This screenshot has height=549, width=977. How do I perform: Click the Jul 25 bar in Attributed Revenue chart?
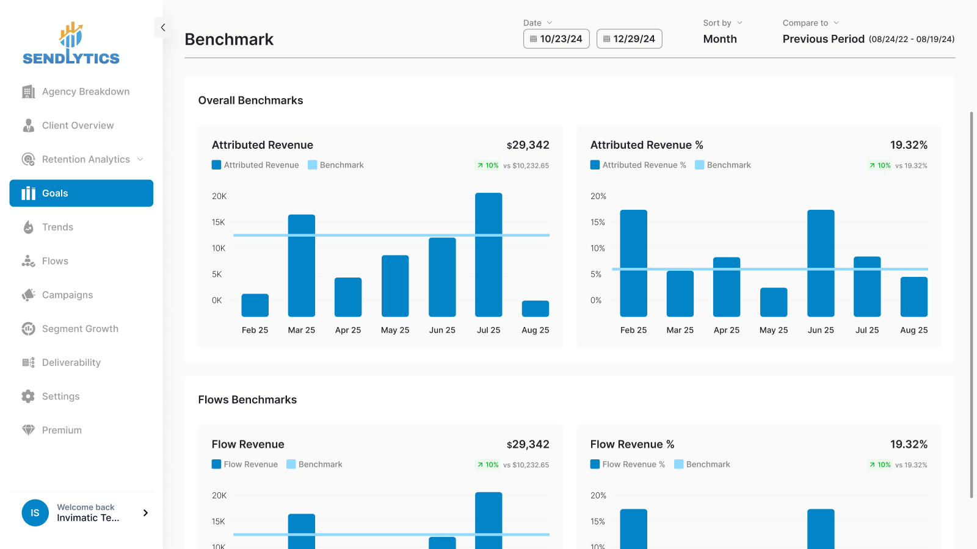tap(488, 254)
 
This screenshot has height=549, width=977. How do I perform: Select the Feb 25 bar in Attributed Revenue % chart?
tap(633, 263)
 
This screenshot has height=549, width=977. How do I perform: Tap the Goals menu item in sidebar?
tap(81, 193)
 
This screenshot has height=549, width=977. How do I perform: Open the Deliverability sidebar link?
tap(71, 362)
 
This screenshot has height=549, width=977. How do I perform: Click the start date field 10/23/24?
tap(556, 39)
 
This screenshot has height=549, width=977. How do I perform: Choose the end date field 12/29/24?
tap(629, 39)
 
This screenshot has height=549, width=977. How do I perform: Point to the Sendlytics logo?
tap(71, 44)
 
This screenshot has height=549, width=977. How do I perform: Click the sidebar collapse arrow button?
tap(162, 27)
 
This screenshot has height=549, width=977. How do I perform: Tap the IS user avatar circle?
tap(35, 513)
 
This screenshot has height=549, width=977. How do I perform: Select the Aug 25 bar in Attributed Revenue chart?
tap(535, 309)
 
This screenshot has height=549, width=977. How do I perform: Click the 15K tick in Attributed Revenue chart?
tap(219, 223)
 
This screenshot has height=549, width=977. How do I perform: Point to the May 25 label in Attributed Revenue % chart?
tap(774, 330)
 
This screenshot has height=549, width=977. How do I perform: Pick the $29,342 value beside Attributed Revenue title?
tap(528, 145)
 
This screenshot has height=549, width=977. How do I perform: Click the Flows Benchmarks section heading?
tap(247, 400)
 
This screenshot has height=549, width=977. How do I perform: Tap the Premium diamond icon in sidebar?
tap(28, 430)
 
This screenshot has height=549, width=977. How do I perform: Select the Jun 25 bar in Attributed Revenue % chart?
tap(821, 263)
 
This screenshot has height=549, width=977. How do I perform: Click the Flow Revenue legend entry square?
tap(216, 464)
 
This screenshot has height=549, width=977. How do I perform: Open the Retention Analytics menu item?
tap(85, 159)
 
